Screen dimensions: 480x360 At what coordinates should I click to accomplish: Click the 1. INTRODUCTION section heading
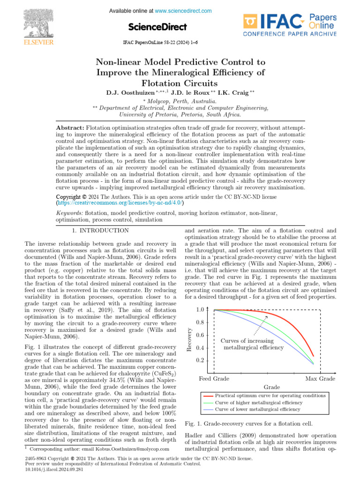pos(100,230)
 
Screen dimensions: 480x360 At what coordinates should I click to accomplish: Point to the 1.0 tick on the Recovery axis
pos(200,310)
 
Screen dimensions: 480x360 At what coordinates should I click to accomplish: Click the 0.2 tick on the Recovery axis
pos(200,360)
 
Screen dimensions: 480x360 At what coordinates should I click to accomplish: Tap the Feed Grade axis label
pos(214,378)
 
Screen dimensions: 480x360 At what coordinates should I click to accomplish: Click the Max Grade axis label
pos(320,378)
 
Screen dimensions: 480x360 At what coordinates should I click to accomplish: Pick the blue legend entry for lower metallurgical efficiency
pos(258,409)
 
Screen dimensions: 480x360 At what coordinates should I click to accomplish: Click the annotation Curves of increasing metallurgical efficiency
pos(252,344)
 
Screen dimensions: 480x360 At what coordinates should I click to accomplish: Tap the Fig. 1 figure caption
pos(248,424)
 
